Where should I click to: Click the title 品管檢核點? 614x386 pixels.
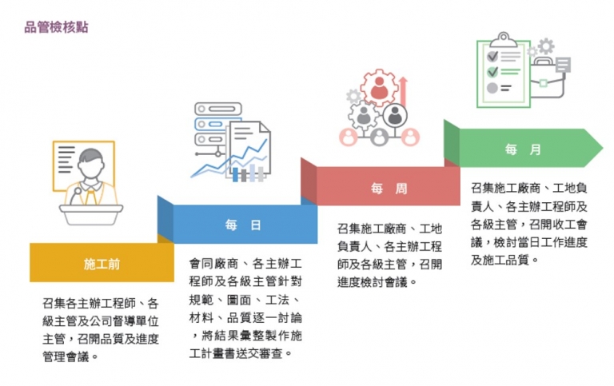(57, 27)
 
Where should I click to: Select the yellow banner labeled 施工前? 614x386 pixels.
(102, 262)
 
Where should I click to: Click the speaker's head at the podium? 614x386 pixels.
(90, 164)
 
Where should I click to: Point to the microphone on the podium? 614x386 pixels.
(75, 196)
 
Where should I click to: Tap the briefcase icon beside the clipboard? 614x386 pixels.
(547, 79)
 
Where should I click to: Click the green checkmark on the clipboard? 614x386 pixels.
(492, 72)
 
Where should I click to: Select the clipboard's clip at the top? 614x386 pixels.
(503, 40)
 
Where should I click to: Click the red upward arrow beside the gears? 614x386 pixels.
(403, 91)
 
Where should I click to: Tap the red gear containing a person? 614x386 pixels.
(379, 88)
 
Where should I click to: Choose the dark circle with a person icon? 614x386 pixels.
(395, 116)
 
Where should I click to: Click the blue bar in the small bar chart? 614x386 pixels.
(235, 174)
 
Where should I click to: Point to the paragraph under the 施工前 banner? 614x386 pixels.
(101, 329)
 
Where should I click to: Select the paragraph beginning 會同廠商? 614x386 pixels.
(245, 308)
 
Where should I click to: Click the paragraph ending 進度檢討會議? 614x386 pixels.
(389, 255)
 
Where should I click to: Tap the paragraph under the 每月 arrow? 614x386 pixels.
(529, 224)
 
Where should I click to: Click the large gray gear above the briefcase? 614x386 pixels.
(546, 46)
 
